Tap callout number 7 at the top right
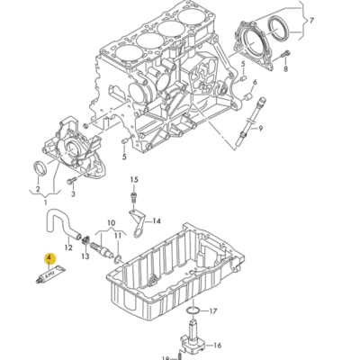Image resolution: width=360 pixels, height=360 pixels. click(312, 20)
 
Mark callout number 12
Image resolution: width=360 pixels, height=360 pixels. click(67, 246)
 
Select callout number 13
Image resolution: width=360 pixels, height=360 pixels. click(86, 256)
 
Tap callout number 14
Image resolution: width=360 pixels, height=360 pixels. click(157, 220)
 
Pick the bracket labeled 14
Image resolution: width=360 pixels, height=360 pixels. click(138, 221)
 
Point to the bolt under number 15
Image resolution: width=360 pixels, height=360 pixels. click(134, 194)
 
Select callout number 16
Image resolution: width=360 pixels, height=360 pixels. click(218, 345)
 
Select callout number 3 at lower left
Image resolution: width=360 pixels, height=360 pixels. click(74, 192)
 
